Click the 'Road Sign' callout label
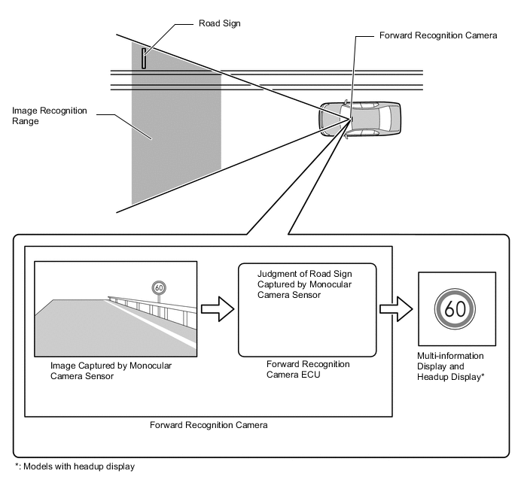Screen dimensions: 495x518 pyautogui.click(x=218, y=24)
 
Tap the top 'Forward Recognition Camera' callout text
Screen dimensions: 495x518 pyautogui.click(x=438, y=36)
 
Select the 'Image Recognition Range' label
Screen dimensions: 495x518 pyautogui.click(x=50, y=116)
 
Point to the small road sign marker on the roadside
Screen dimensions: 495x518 pyautogui.click(x=144, y=57)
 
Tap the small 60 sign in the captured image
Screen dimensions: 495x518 pyautogui.click(x=158, y=287)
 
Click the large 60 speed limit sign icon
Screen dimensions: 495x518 pyautogui.click(x=454, y=309)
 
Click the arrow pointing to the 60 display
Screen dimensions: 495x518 pyautogui.click(x=396, y=309)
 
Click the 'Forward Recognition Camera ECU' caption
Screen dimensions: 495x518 pyautogui.click(x=308, y=369)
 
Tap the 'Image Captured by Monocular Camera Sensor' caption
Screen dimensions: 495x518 pyautogui.click(x=111, y=371)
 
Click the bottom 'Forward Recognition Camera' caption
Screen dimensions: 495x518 pyautogui.click(x=209, y=425)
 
